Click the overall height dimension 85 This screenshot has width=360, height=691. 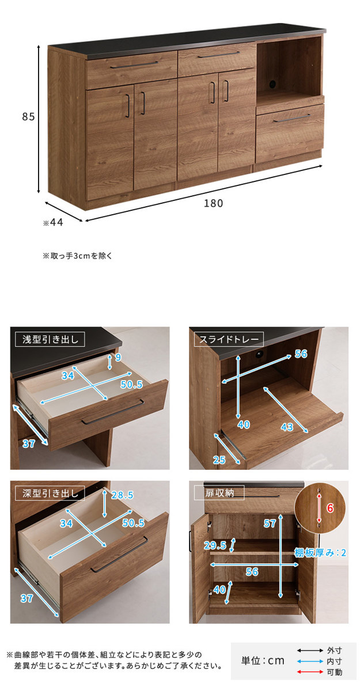(28, 116)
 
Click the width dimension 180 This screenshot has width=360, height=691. (213, 203)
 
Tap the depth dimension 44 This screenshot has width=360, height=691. (56, 222)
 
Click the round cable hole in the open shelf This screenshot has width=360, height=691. (272, 84)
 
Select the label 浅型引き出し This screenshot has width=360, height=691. (50, 340)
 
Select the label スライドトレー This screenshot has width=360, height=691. (229, 340)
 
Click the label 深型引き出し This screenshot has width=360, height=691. (50, 493)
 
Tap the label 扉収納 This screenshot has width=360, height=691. (219, 493)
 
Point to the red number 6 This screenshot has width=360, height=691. (330, 508)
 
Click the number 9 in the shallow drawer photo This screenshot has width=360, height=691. (118, 357)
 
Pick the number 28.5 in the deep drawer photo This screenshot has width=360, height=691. (122, 495)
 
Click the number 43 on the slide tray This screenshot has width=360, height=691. (287, 427)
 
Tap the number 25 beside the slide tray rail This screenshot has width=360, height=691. (219, 460)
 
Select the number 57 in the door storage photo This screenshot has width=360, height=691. (270, 523)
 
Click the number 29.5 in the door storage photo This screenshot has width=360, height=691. (215, 545)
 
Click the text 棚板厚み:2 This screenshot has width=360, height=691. (320, 552)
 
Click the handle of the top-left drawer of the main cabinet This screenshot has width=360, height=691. (134, 65)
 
